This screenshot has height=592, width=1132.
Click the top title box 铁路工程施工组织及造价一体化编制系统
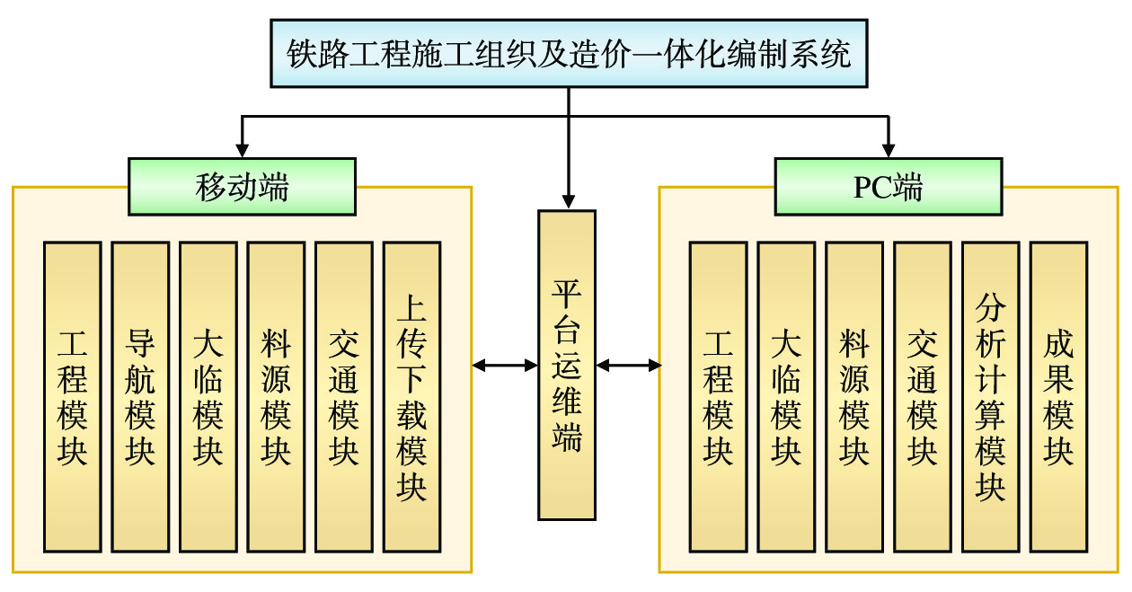coord(569,53)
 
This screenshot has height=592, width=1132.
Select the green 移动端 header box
coord(242,187)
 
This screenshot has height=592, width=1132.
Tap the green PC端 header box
coord(889,187)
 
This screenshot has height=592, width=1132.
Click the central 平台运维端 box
coord(567,365)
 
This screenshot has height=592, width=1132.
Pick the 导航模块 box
coord(140,396)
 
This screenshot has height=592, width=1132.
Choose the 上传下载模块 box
coord(411,396)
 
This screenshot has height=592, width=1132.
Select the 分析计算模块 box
coord(990,396)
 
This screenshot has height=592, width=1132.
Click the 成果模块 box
coord(1058,396)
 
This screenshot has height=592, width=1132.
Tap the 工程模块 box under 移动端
coord(72,396)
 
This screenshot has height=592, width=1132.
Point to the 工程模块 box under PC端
coord(718,396)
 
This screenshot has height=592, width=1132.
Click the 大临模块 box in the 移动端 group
coord(208,396)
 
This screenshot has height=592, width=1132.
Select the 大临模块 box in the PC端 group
coord(786,396)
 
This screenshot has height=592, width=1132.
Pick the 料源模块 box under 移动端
coord(276,396)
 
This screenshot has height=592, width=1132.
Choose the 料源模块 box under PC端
coord(854,396)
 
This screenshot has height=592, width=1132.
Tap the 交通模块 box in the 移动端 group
coord(343,396)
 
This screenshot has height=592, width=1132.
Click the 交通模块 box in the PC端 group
coord(922,396)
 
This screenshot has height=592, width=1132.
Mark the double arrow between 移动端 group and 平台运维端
coord(505,365)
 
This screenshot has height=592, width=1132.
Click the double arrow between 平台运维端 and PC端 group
coord(628,365)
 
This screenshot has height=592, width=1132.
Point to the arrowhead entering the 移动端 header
coord(241,149)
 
